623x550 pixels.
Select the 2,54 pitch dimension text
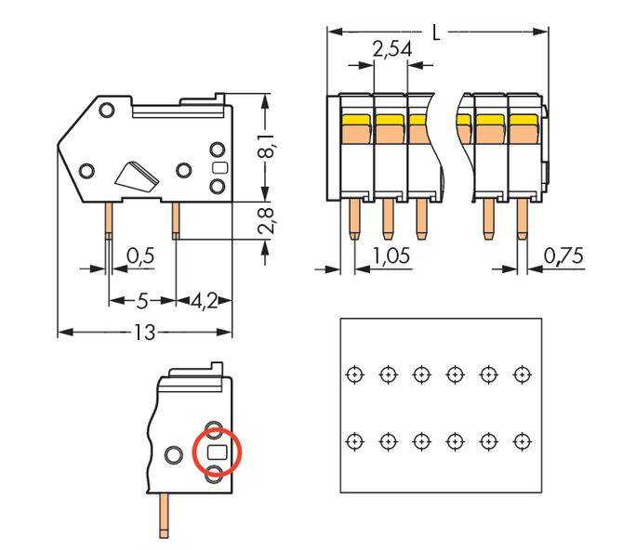391,50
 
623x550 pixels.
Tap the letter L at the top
437,32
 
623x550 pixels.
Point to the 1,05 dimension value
391,255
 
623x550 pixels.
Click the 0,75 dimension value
563,255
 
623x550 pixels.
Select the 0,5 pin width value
139,255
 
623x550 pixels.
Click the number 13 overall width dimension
144,332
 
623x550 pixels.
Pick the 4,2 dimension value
204,301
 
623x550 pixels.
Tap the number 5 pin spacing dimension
142,301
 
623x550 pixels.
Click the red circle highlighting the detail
217,452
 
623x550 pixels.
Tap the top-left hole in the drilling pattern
353,373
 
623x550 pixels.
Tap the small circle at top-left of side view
107,111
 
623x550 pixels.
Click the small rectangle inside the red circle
217,452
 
